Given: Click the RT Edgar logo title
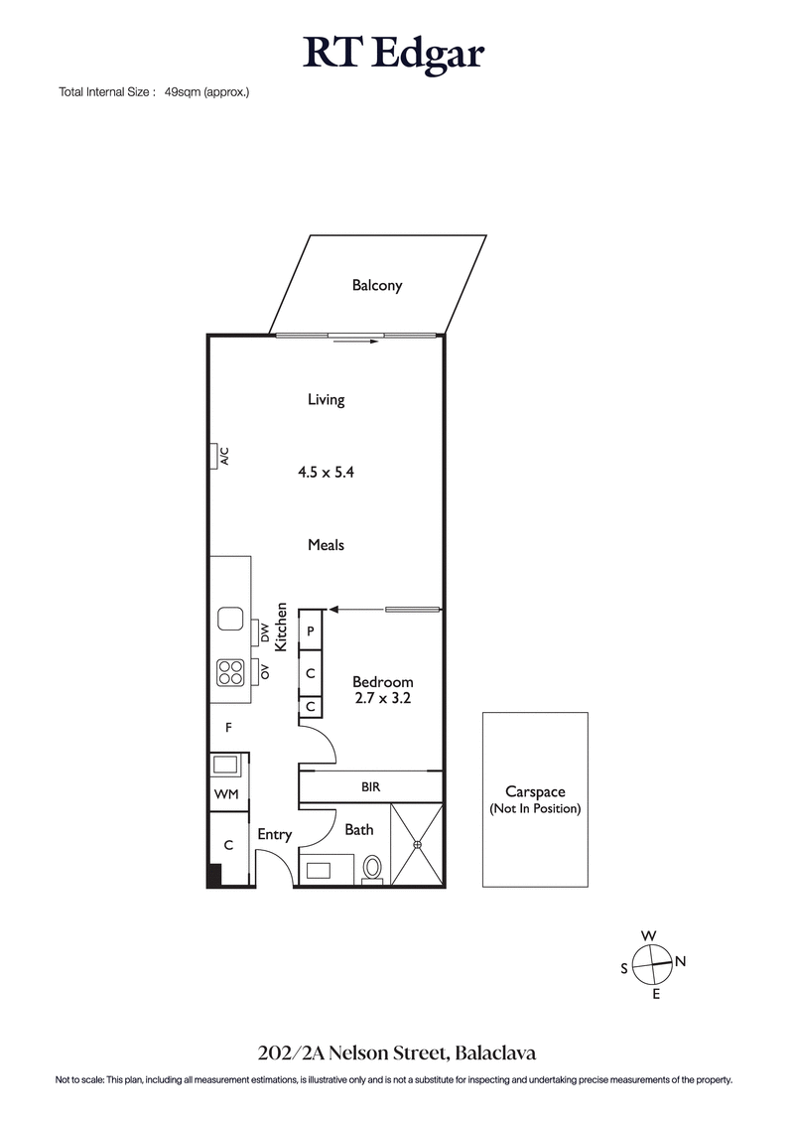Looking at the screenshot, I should click(394, 54).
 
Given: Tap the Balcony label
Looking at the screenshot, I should click(377, 286).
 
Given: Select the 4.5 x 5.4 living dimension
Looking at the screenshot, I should click(326, 473).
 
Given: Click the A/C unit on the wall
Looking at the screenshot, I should click(214, 456).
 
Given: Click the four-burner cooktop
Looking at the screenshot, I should click(231, 673).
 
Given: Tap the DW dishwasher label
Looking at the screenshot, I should click(265, 632).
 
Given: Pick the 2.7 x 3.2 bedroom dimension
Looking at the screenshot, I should click(383, 698).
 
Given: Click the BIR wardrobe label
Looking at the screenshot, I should click(369, 786).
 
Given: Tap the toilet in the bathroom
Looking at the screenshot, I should click(373, 868).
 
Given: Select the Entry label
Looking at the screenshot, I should click(275, 835).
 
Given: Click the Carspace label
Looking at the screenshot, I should click(535, 791).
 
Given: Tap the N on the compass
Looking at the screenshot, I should click(680, 961).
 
